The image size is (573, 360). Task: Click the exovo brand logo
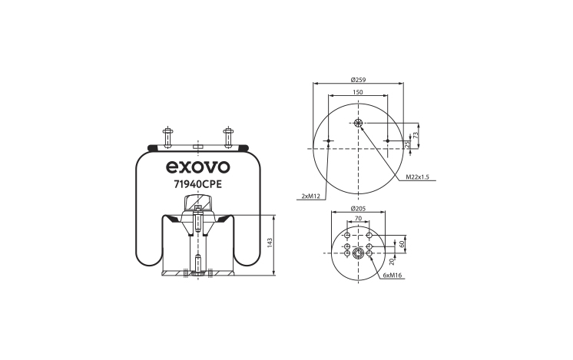pyautogui.click(x=198, y=167)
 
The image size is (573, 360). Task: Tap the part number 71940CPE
pyautogui.click(x=197, y=185)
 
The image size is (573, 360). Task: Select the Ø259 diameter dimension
pyautogui.click(x=358, y=80)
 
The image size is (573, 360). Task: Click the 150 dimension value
pyautogui.click(x=358, y=92)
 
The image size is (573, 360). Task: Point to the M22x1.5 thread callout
pyautogui.click(x=417, y=177)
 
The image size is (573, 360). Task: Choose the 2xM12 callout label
pyautogui.click(x=310, y=197)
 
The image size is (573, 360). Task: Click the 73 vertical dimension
pyautogui.click(x=415, y=135)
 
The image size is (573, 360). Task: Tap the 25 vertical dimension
pyautogui.click(x=408, y=144)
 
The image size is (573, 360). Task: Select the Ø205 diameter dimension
pyautogui.click(x=358, y=209)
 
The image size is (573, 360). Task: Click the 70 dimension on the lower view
pyautogui.click(x=358, y=218)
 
